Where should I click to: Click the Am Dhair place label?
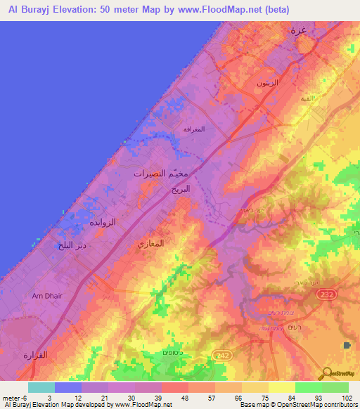click(47, 296)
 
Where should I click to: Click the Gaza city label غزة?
click(297, 31)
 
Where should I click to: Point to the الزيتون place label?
click(267, 83)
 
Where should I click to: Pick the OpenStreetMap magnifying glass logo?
click(326, 375)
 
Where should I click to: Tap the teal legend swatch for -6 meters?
click(41, 387)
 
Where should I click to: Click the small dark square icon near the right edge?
click(347, 345)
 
